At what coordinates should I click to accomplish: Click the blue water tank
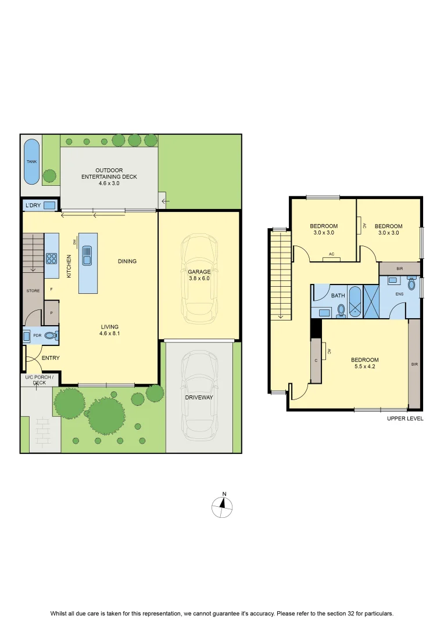coord(31,161)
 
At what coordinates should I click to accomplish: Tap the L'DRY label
coord(33,205)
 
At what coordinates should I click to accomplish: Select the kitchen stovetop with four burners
coord(51,258)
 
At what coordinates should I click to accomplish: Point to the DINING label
coord(127,261)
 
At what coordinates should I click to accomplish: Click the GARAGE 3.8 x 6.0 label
coord(199,275)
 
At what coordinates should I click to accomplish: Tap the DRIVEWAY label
coord(199,398)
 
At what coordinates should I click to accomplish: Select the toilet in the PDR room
coord(51,336)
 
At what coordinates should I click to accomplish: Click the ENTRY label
coord(51,358)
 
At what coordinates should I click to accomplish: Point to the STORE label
coord(33,291)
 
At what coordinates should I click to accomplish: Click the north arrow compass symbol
coord(222,506)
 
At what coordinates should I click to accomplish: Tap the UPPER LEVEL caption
coord(404,419)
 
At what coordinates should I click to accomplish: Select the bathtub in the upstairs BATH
coord(355,301)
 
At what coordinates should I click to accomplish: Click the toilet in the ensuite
coord(411,283)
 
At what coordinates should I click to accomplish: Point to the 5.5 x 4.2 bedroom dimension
coord(365,366)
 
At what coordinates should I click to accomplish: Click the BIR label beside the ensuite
coord(400,269)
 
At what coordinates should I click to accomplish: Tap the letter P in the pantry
coord(51,313)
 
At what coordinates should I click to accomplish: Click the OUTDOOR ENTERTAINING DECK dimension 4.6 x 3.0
coord(109,183)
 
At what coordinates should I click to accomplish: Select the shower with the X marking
coord(371,301)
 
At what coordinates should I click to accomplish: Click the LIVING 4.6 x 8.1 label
coord(110,330)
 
